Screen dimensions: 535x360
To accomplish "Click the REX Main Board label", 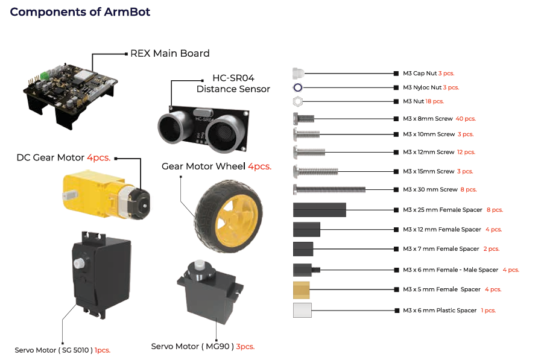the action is (170, 54).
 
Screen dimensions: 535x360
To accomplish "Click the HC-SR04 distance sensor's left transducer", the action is (173, 128).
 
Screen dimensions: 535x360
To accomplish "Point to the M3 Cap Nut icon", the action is (298, 74).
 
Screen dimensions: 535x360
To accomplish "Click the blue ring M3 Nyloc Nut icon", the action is (297, 87).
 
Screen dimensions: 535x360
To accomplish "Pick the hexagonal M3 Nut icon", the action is (297, 101).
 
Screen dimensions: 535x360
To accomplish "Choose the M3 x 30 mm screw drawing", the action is (329, 189).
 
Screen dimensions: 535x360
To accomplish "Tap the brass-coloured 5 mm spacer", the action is (302, 289).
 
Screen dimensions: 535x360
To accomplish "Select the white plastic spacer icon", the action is (302, 310).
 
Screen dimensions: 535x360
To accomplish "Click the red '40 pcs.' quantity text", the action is (466, 119).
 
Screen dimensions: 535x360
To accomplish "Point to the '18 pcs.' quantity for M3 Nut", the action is (434, 101).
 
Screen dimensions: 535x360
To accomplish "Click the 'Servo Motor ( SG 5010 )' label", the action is (54, 350).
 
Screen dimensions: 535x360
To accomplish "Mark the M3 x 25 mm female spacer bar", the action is (319, 210).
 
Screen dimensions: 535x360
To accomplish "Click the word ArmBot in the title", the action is (127, 12).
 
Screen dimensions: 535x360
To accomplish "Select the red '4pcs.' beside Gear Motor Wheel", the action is (259, 166).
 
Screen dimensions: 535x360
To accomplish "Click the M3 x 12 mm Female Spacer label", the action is (442, 230).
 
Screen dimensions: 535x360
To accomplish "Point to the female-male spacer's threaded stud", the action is (316, 270).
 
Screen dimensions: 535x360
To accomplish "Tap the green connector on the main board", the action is (44, 75).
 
